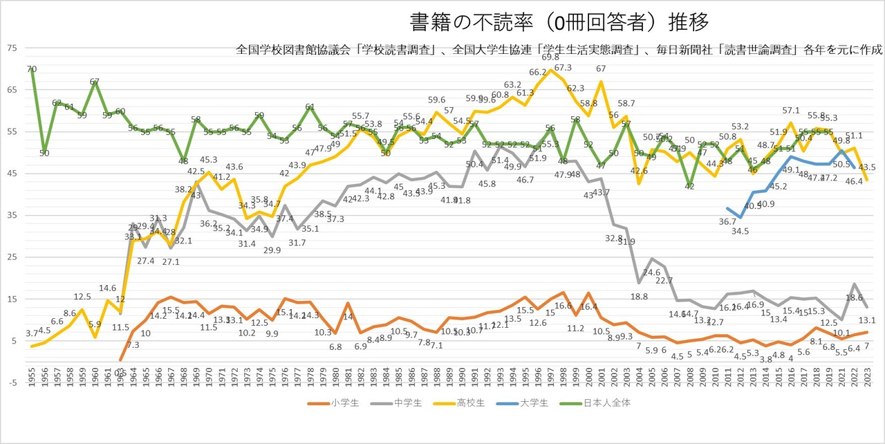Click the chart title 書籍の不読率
click(x=558, y=22)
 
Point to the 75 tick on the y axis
click(x=12, y=48)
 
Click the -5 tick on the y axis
click(x=12, y=382)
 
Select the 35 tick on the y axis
click(x=12, y=215)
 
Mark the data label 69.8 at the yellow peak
click(x=550, y=57)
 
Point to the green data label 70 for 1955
click(x=32, y=69)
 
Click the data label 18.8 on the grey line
click(x=640, y=297)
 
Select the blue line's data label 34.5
click(x=740, y=231)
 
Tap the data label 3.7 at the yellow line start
click(x=32, y=334)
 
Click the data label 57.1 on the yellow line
click(x=790, y=110)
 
